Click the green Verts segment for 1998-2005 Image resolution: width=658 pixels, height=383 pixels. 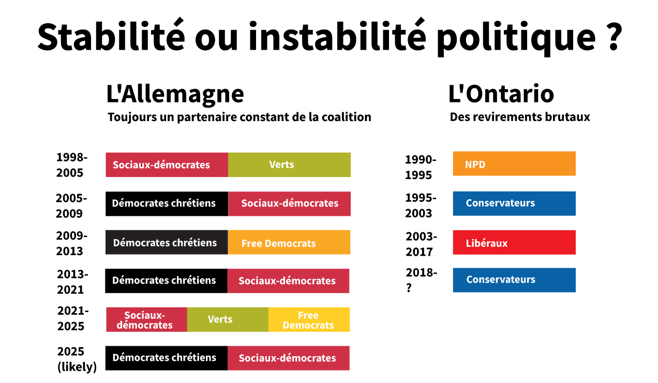coord(289,165)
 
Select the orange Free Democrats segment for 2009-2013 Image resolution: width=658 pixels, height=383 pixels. coord(289,242)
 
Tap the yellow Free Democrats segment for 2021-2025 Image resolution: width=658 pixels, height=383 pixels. coord(309,320)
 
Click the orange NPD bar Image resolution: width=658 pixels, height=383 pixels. coord(514,164)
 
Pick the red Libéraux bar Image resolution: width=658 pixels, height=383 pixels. coord(514,242)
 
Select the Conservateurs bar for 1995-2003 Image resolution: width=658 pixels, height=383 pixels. coord(514,203)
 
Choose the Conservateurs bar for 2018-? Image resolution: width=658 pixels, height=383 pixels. coord(514,280)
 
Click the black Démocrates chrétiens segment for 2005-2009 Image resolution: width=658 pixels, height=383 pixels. coord(167,203)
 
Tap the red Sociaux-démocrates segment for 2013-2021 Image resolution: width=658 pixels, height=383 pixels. coord(288,281)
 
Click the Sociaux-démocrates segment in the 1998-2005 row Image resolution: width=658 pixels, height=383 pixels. coord(167,165)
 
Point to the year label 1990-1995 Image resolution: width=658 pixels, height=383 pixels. coord(421,167)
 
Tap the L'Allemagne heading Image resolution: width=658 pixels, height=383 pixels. coord(175,94)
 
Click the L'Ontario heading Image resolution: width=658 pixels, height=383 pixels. coord(501,94)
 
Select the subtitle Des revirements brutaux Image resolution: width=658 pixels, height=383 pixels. coord(519,117)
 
